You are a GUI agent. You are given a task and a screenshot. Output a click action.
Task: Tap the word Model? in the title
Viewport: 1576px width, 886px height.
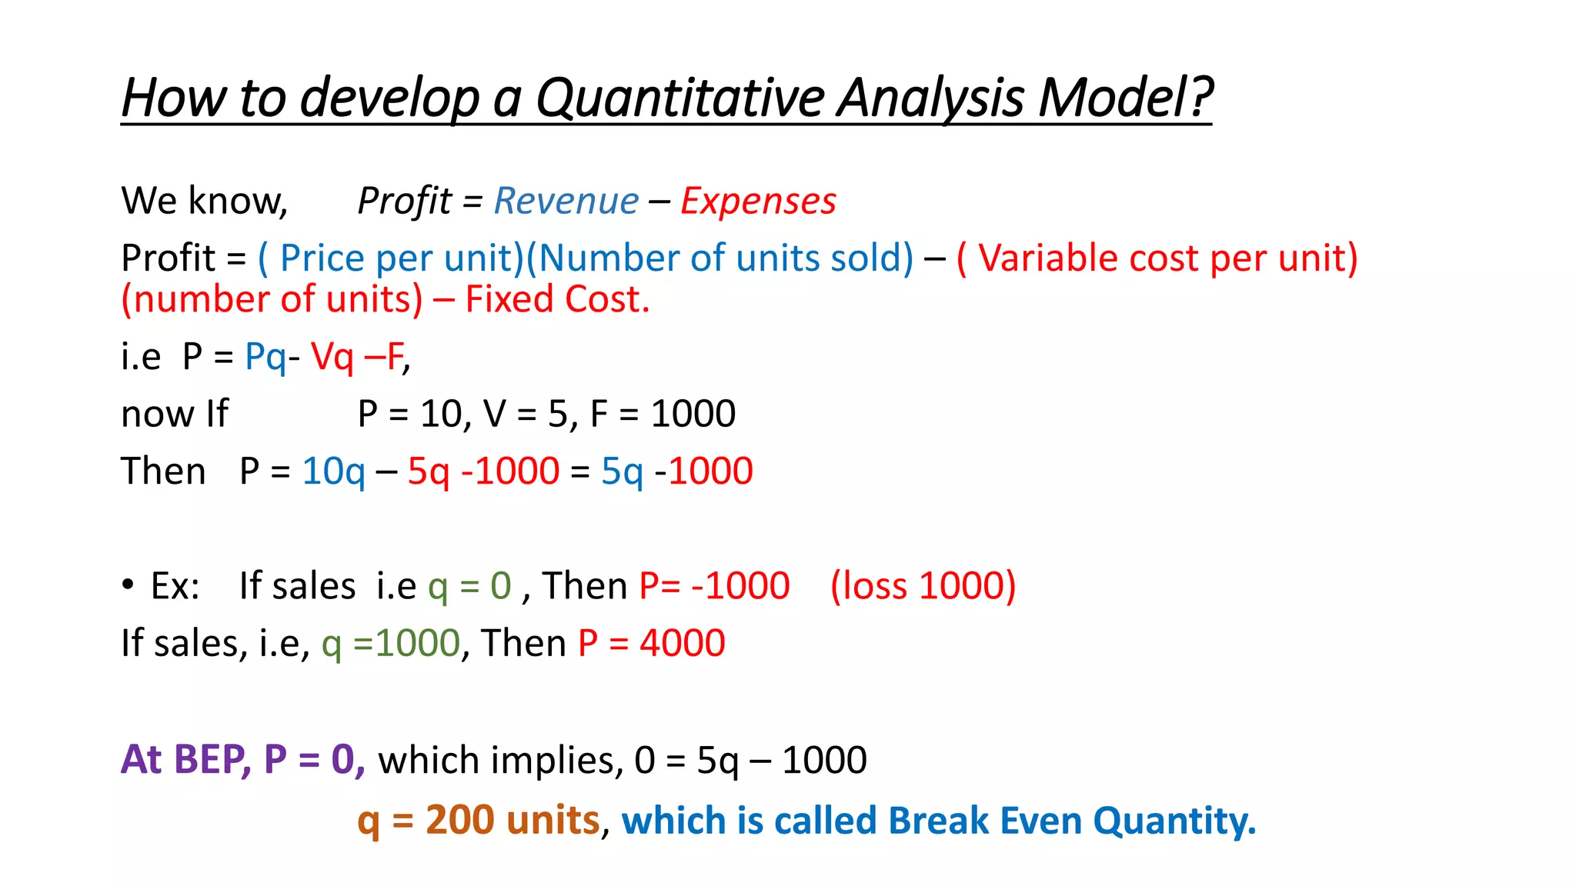coord(1125,98)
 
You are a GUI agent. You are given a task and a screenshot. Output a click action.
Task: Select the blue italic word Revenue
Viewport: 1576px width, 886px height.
coord(566,202)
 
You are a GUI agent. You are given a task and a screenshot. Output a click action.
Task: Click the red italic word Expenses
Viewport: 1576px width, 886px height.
coord(758,202)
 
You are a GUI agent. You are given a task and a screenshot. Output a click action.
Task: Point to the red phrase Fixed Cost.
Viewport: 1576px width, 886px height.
coord(557,299)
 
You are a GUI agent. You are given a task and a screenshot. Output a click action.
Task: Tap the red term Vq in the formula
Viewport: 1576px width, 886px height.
coord(332,357)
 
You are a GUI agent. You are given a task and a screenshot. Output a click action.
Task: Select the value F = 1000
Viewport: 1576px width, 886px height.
coord(663,414)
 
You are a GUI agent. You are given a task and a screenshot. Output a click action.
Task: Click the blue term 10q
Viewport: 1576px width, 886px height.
coord(333,471)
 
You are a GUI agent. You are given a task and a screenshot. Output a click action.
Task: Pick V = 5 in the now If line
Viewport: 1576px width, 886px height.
coord(526,414)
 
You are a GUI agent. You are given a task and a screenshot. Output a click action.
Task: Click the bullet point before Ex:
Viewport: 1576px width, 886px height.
coord(129,585)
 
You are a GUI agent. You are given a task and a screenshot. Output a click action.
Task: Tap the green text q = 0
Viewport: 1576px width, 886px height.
coord(469,586)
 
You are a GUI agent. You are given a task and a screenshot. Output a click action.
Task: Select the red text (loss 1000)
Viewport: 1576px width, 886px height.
coord(923,586)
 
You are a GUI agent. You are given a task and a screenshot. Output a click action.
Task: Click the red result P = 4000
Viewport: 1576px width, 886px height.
coord(651,643)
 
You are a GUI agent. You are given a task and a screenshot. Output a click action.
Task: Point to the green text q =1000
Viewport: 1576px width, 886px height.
coord(390,643)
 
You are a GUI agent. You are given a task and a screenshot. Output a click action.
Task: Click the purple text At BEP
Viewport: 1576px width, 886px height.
coord(185,760)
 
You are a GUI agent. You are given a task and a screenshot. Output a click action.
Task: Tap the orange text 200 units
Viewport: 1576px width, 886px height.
coord(512,820)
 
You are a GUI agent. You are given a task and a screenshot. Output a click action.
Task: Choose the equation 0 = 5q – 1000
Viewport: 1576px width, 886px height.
coord(750,761)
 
